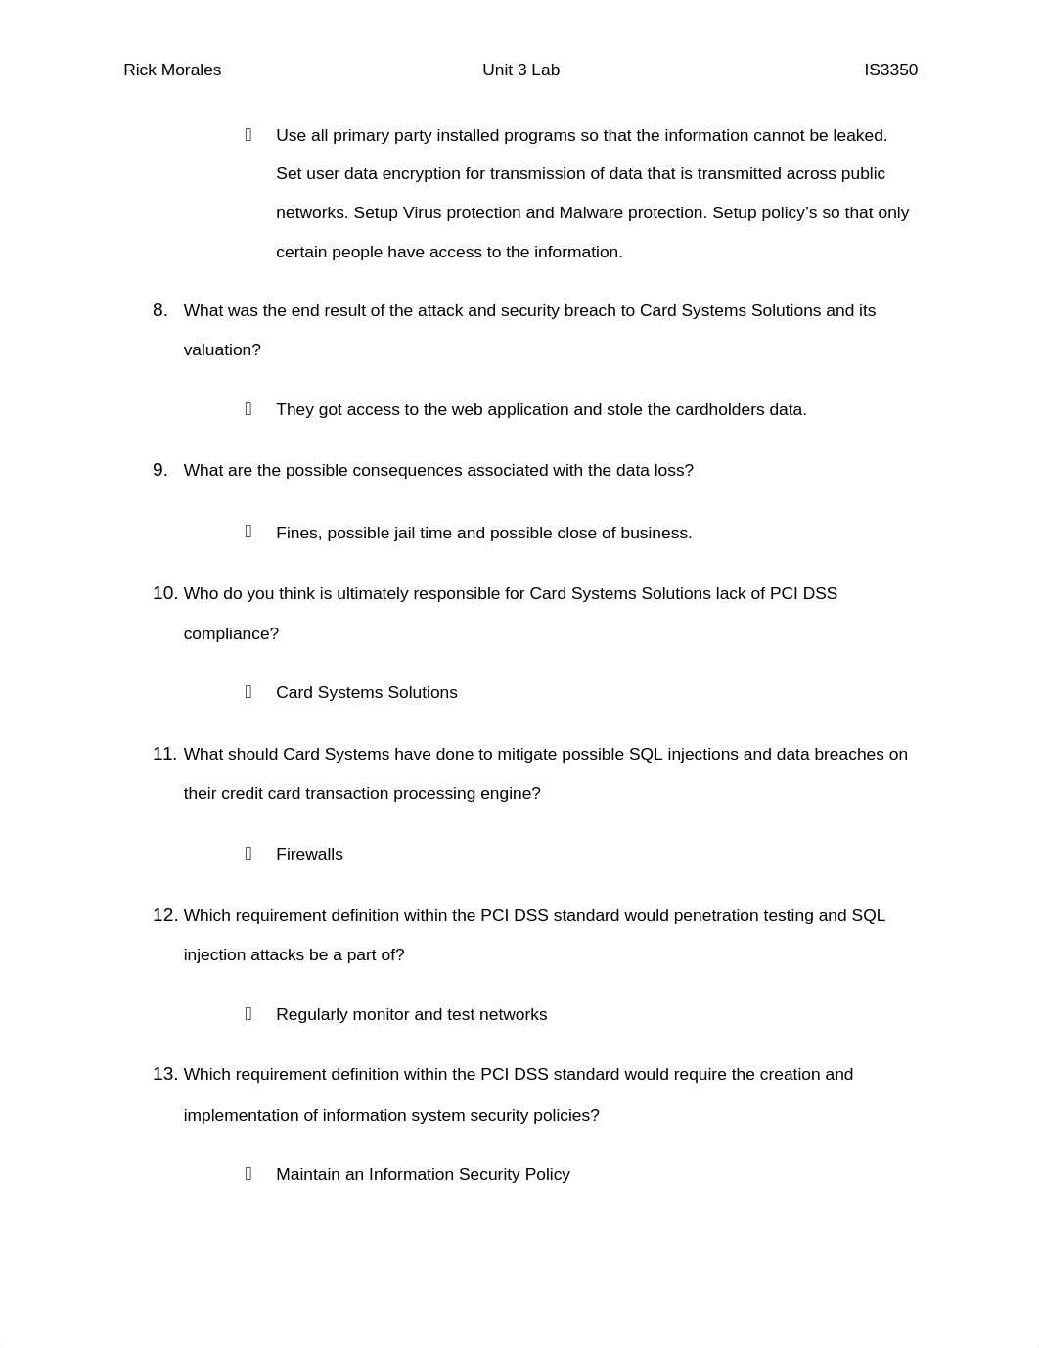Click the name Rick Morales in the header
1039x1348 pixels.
coord(172,70)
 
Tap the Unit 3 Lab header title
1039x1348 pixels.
coord(520,70)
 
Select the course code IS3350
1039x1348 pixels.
coord(890,70)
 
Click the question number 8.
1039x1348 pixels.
coord(159,311)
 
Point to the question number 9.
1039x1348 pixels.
coord(159,471)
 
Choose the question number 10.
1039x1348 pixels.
coord(164,594)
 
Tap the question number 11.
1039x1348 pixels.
coord(164,755)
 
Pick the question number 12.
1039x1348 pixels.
coord(164,916)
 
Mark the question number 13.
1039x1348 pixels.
coord(164,1075)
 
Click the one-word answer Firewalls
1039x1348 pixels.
coord(309,855)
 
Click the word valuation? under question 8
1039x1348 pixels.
coord(222,350)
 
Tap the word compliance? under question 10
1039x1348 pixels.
coord(231,634)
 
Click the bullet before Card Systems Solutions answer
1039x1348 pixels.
coord(248,692)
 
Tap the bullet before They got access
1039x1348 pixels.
coord(248,409)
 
